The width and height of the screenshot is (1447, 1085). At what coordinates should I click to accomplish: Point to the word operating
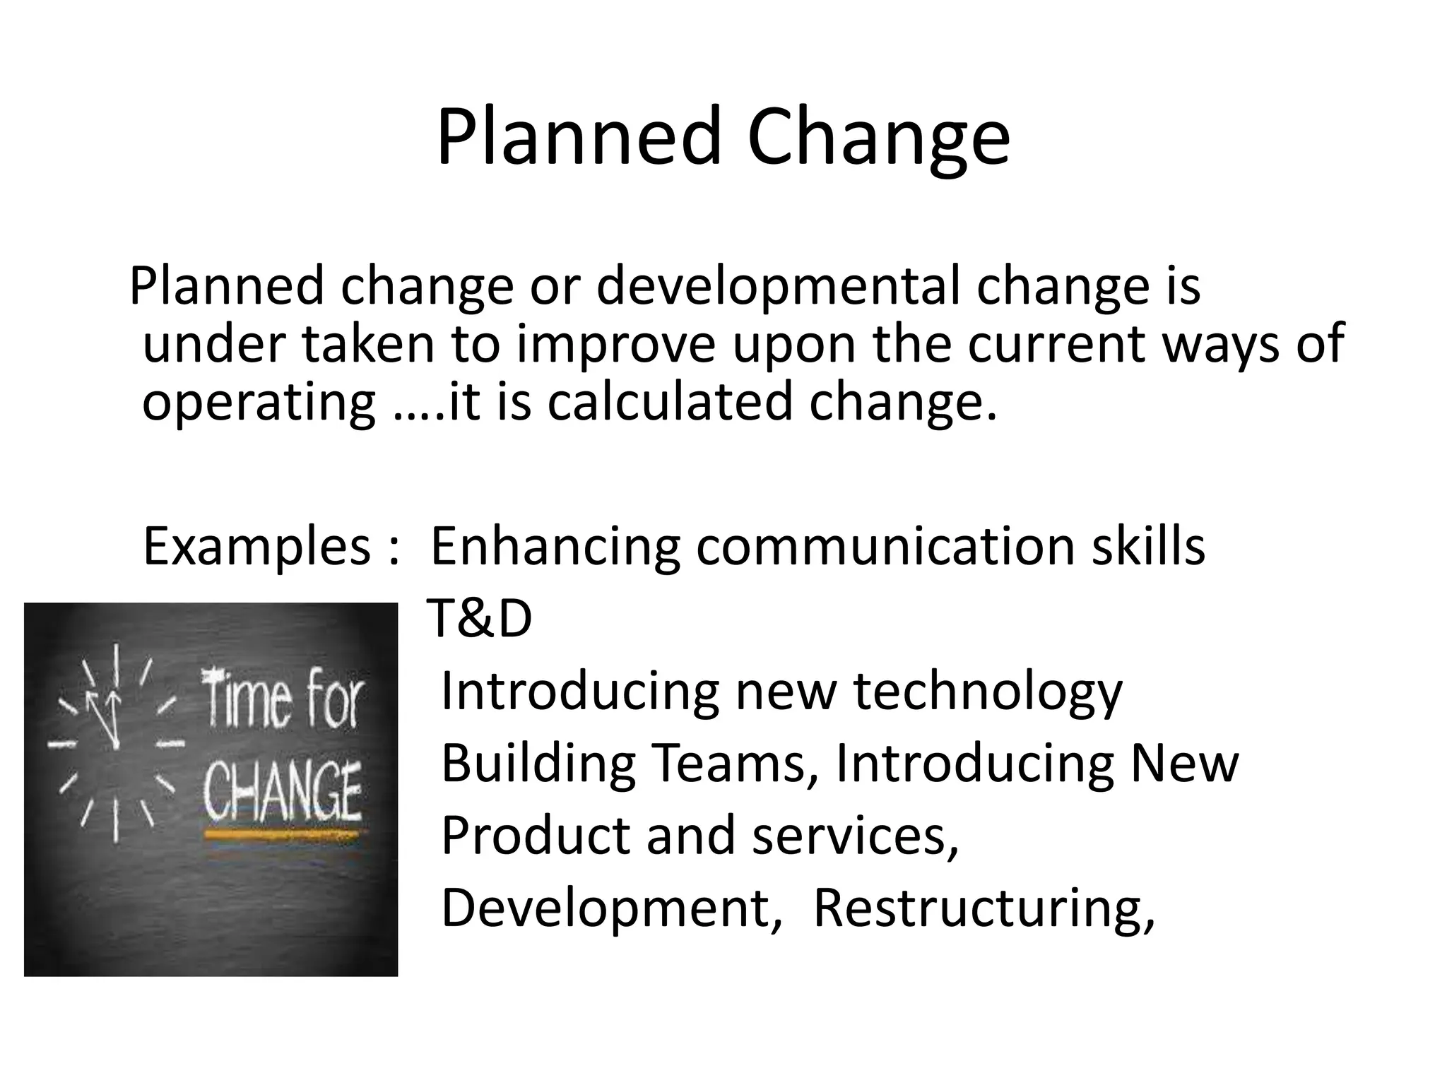coord(259,402)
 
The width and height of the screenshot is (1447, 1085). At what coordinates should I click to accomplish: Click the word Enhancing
coord(555,547)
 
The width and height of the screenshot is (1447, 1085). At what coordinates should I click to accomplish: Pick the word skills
coord(1148,547)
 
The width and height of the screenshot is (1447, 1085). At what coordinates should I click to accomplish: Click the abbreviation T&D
coord(480,619)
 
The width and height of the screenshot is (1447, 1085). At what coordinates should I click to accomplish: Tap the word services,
coord(856,836)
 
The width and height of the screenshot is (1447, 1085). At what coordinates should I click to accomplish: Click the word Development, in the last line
coord(612,908)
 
